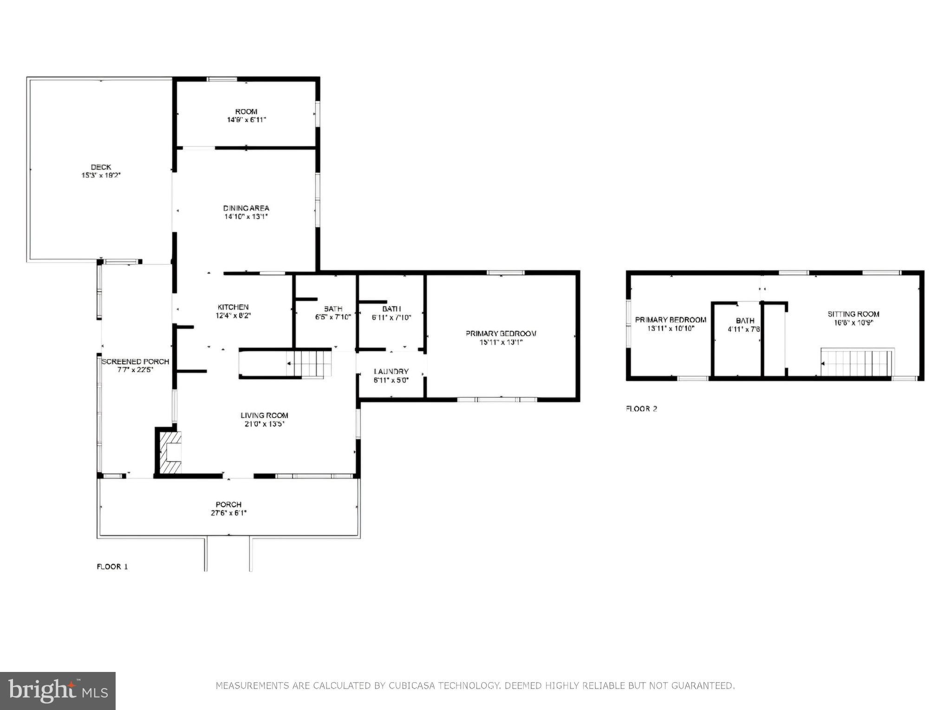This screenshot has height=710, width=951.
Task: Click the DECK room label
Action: coord(101,167)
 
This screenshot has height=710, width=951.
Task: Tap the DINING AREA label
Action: coord(246,208)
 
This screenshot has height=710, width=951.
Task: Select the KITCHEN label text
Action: coord(233,307)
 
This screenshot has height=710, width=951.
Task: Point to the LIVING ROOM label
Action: coord(264,415)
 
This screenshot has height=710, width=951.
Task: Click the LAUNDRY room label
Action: coord(391,371)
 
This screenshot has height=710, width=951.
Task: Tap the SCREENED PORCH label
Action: coord(135,361)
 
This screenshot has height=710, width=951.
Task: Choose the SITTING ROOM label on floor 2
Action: coord(853,314)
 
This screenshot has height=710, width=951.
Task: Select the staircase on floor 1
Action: coord(309,364)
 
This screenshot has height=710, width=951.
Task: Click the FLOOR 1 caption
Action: coord(112,567)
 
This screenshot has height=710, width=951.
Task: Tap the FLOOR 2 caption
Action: coord(641,409)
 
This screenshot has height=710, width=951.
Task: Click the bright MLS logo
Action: coord(58,691)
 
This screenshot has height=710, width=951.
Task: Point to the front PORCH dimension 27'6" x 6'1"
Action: coord(228,513)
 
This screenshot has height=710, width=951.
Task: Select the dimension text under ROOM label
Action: coord(246,120)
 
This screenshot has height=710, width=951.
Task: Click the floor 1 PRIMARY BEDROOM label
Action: coord(501,334)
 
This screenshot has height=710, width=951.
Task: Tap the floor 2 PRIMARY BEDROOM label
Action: coord(671,320)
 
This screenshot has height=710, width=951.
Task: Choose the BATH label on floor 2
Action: coord(745,321)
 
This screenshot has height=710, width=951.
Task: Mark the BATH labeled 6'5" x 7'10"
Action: coord(333,309)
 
